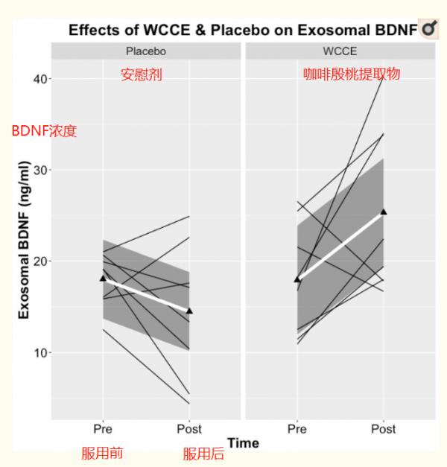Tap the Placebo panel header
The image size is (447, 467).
(x=145, y=51)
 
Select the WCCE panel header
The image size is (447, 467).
(x=340, y=51)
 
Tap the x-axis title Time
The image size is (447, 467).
(x=243, y=443)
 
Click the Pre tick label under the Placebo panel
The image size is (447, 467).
(x=103, y=429)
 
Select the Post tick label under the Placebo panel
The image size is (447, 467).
(x=189, y=429)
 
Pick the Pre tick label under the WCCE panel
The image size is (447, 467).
(x=297, y=429)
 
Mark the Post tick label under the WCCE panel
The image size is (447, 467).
(x=384, y=429)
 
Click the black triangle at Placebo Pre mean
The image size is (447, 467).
(x=103, y=278)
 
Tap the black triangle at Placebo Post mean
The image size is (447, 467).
(x=189, y=311)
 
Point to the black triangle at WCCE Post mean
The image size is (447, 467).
(x=384, y=212)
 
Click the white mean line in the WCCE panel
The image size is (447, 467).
(x=340, y=245)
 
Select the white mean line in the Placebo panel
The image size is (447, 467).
(x=146, y=294)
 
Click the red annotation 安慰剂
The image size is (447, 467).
(x=141, y=74)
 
